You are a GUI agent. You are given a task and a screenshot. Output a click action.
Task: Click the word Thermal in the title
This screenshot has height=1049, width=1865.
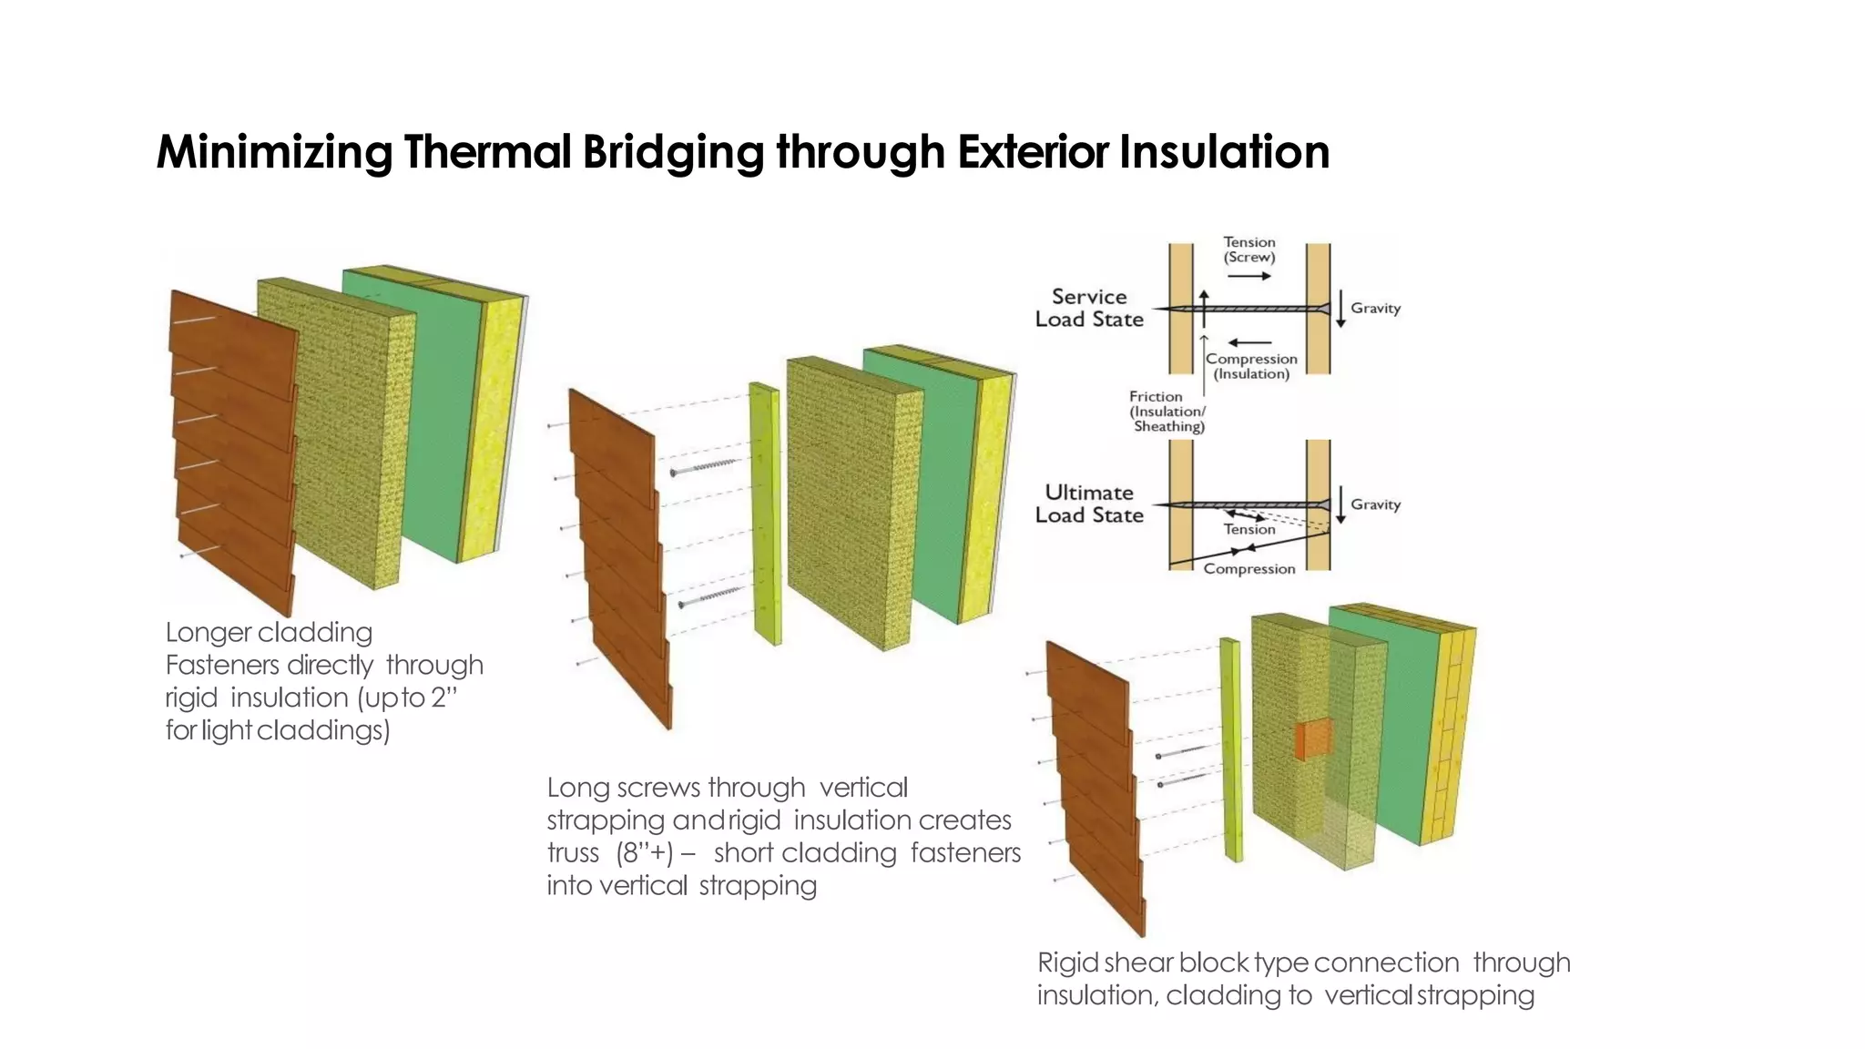click(487, 151)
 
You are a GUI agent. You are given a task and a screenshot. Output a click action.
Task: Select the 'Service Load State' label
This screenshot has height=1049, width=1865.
click(1089, 308)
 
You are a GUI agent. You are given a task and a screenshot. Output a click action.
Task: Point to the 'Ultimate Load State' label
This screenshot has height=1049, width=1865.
click(1089, 504)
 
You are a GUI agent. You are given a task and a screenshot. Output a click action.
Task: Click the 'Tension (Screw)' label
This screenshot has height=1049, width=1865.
click(1249, 250)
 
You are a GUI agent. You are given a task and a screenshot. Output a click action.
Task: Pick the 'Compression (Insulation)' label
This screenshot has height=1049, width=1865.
click(1251, 366)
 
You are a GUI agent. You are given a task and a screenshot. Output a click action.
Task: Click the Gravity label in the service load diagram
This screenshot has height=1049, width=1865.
click(1375, 309)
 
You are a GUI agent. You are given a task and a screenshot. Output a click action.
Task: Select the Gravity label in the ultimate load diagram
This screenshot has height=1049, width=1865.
click(1375, 504)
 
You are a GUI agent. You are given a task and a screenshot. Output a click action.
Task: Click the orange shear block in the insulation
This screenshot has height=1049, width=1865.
click(1313, 739)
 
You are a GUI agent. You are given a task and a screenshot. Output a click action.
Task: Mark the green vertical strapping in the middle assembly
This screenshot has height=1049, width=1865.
click(766, 514)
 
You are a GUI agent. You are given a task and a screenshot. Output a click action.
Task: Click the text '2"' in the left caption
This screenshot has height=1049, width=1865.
click(443, 698)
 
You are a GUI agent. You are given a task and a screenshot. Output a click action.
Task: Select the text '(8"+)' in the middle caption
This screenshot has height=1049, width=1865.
click(645, 853)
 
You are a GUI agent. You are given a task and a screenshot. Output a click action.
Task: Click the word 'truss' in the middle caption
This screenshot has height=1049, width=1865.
click(573, 853)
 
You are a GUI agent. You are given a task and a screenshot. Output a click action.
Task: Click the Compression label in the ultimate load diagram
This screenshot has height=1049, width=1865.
click(1248, 569)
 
